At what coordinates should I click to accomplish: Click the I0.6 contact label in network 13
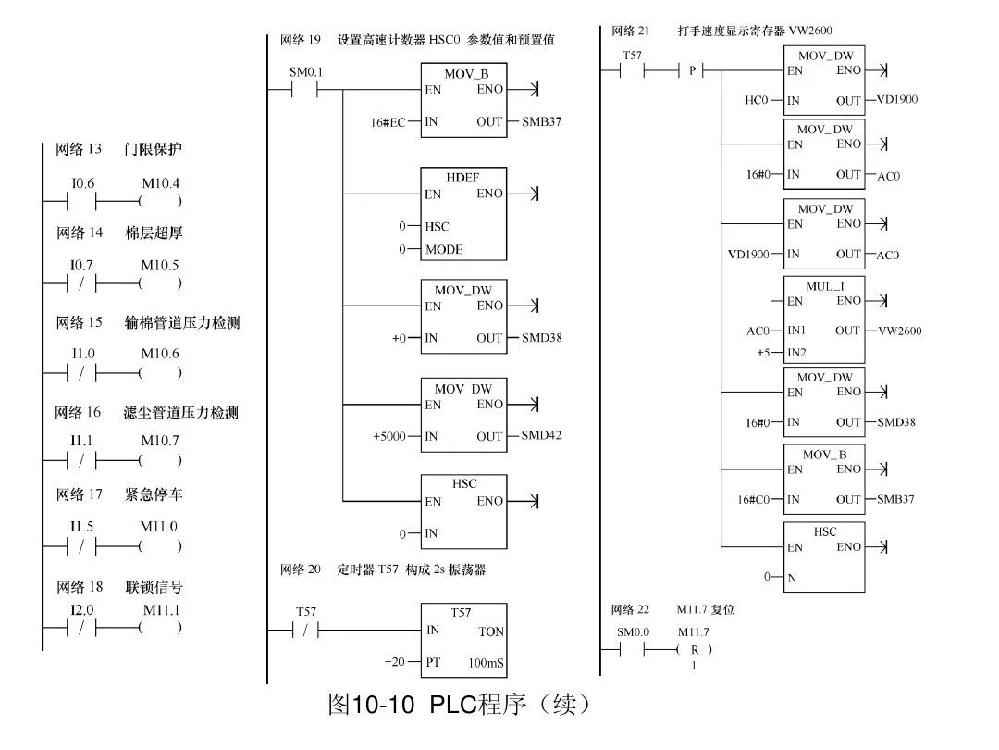(x=83, y=184)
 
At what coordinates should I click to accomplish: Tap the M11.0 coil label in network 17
(x=158, y=527)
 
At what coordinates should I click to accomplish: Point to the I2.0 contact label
(x=83, y=611)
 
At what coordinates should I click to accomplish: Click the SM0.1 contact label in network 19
(x=306, y=72)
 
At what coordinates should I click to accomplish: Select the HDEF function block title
(x=463, y=176)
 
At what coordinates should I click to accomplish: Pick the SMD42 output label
(x=541, y=435)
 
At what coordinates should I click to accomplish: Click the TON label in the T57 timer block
(x=491, y=631)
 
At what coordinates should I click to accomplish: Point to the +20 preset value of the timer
(x=395, y=662)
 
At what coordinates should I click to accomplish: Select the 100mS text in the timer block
(x=487, y=663)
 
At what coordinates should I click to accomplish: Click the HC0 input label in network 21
(x=757, y=100)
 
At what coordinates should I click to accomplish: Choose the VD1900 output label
(x=896, y=99)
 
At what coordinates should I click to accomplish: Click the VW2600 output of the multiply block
(x=900, y=331)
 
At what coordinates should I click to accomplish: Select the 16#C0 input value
(x=754, y=499)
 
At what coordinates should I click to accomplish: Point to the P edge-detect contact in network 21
(x=691, y=70)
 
